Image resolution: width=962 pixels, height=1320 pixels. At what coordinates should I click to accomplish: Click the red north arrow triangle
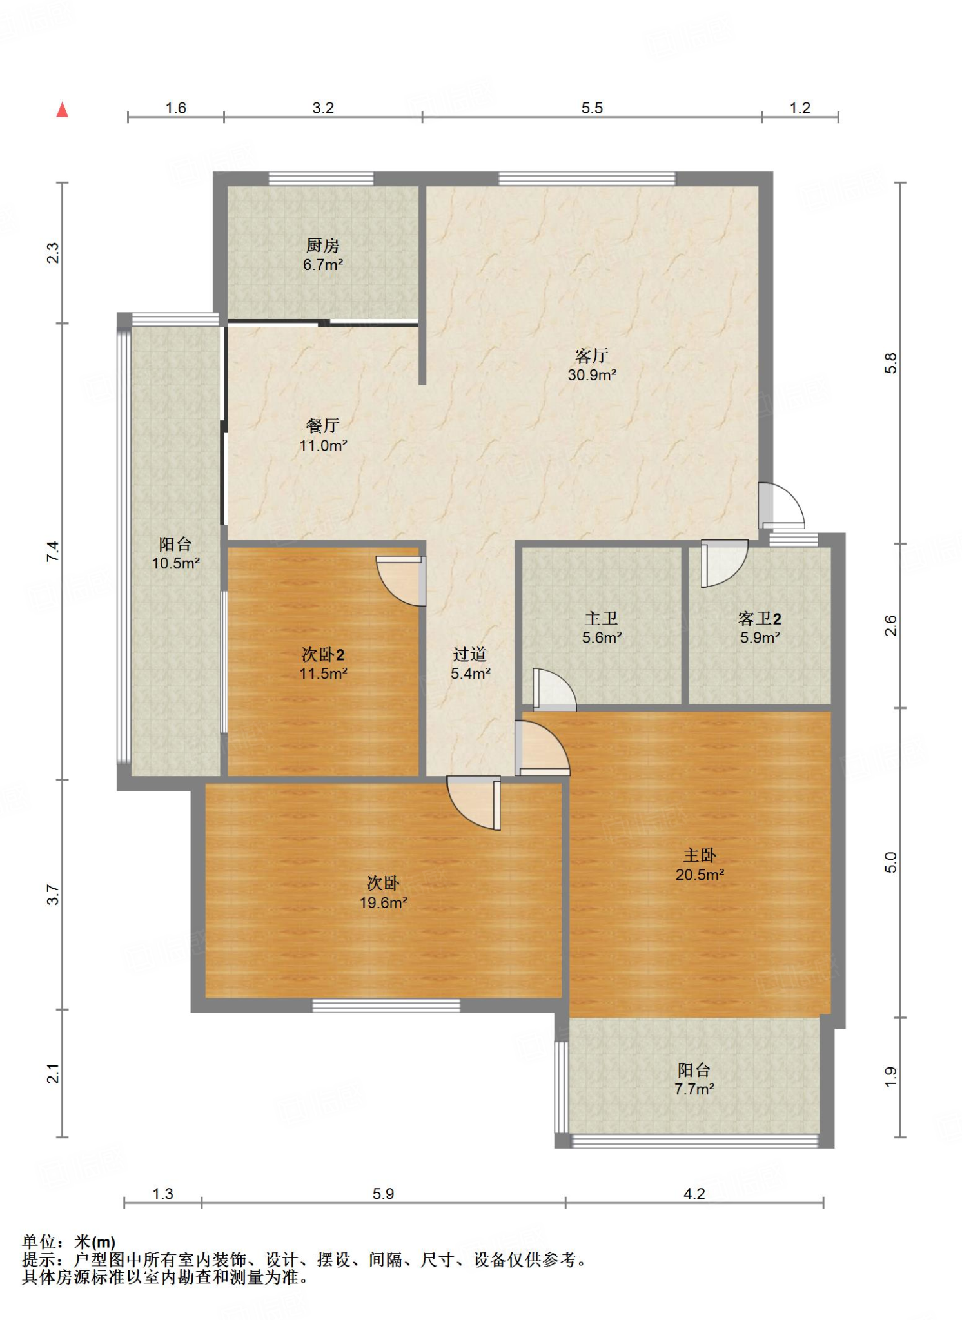click(63, 110)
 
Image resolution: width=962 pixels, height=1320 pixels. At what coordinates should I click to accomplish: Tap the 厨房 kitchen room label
click(322, 246)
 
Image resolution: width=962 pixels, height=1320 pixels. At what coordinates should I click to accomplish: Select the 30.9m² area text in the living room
click(592, 375)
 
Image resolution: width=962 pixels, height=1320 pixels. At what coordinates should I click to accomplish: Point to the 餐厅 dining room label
click(322, 425)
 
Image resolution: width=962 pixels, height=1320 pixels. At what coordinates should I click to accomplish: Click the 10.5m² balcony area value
click(176, 563)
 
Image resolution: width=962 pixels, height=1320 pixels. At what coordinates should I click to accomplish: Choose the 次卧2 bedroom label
click(323, 655)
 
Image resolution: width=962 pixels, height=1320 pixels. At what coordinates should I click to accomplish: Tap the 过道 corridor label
click(469, 655)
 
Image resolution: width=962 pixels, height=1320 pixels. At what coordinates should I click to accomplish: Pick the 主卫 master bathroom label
click(602, 619)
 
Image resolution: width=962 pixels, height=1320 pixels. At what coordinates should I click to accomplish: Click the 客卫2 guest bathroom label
click(760, 619)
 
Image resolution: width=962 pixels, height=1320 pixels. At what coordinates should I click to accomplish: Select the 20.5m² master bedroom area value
click(700, 875)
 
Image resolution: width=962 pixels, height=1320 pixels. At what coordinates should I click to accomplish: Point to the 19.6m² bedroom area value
click(384, 902)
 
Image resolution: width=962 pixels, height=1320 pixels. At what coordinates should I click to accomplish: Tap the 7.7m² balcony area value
click(694, 1089)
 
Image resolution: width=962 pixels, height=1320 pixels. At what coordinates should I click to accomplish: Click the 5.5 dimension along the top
click(592, 108)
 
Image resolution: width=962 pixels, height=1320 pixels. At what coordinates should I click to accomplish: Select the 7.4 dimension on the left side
click(53, 551)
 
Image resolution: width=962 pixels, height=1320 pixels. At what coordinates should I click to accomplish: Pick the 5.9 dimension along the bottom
click(383, 1194)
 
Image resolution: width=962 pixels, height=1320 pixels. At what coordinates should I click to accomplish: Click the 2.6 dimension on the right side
click(890, 625)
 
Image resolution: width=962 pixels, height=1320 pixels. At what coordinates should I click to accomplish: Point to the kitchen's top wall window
click(321, 179)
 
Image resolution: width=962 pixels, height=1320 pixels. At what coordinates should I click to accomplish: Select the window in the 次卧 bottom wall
click(386, 1005)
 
